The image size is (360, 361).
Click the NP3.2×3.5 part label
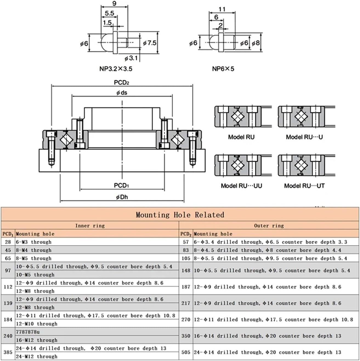(116, 69)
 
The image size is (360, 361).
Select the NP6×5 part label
(223, 69)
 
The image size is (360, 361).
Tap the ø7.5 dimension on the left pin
(150, 43)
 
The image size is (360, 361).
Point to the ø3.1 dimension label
(131, 58)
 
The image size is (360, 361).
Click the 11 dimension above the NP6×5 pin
(222, 9)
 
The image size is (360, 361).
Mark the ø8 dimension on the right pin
(256, 43)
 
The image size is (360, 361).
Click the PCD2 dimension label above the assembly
(121, 83)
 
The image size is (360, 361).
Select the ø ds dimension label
(122, 93)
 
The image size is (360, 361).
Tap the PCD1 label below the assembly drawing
(121, 186)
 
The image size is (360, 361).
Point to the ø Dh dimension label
(122, 197)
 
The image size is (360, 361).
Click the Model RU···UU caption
(241, 186)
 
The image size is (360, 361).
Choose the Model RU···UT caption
(304, 186)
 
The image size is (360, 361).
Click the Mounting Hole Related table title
(180, 215)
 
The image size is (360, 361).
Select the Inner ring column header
(90, 226)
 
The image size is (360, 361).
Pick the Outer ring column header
(269, 226)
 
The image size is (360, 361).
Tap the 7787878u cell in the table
(28, 332)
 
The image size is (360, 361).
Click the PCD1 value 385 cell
(8, 352)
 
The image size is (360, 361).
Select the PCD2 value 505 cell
(186, 352)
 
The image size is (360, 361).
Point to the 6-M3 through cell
(34, 242)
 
